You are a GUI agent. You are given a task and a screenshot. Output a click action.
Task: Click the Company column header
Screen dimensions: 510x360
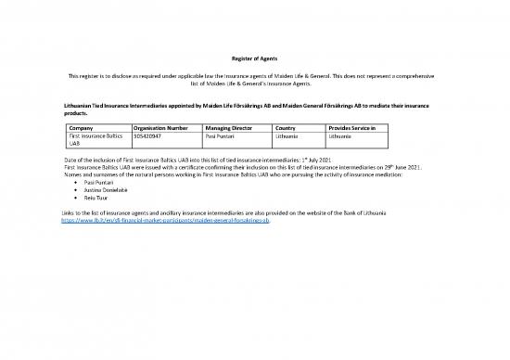(84, 126)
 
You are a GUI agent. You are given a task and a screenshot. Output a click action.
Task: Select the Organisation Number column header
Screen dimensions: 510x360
(161, 126)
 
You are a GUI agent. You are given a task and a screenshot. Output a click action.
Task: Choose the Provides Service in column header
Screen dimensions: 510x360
(352, 126)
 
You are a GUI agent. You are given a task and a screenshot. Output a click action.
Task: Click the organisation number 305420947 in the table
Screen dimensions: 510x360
(148, 135)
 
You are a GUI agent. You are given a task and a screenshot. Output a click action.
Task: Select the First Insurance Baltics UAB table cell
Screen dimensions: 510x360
(96, 140)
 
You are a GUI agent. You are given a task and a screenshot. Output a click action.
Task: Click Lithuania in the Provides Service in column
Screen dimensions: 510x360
(340, 135)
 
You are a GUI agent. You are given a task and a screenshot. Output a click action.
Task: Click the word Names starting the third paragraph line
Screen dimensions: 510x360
(69, 175)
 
